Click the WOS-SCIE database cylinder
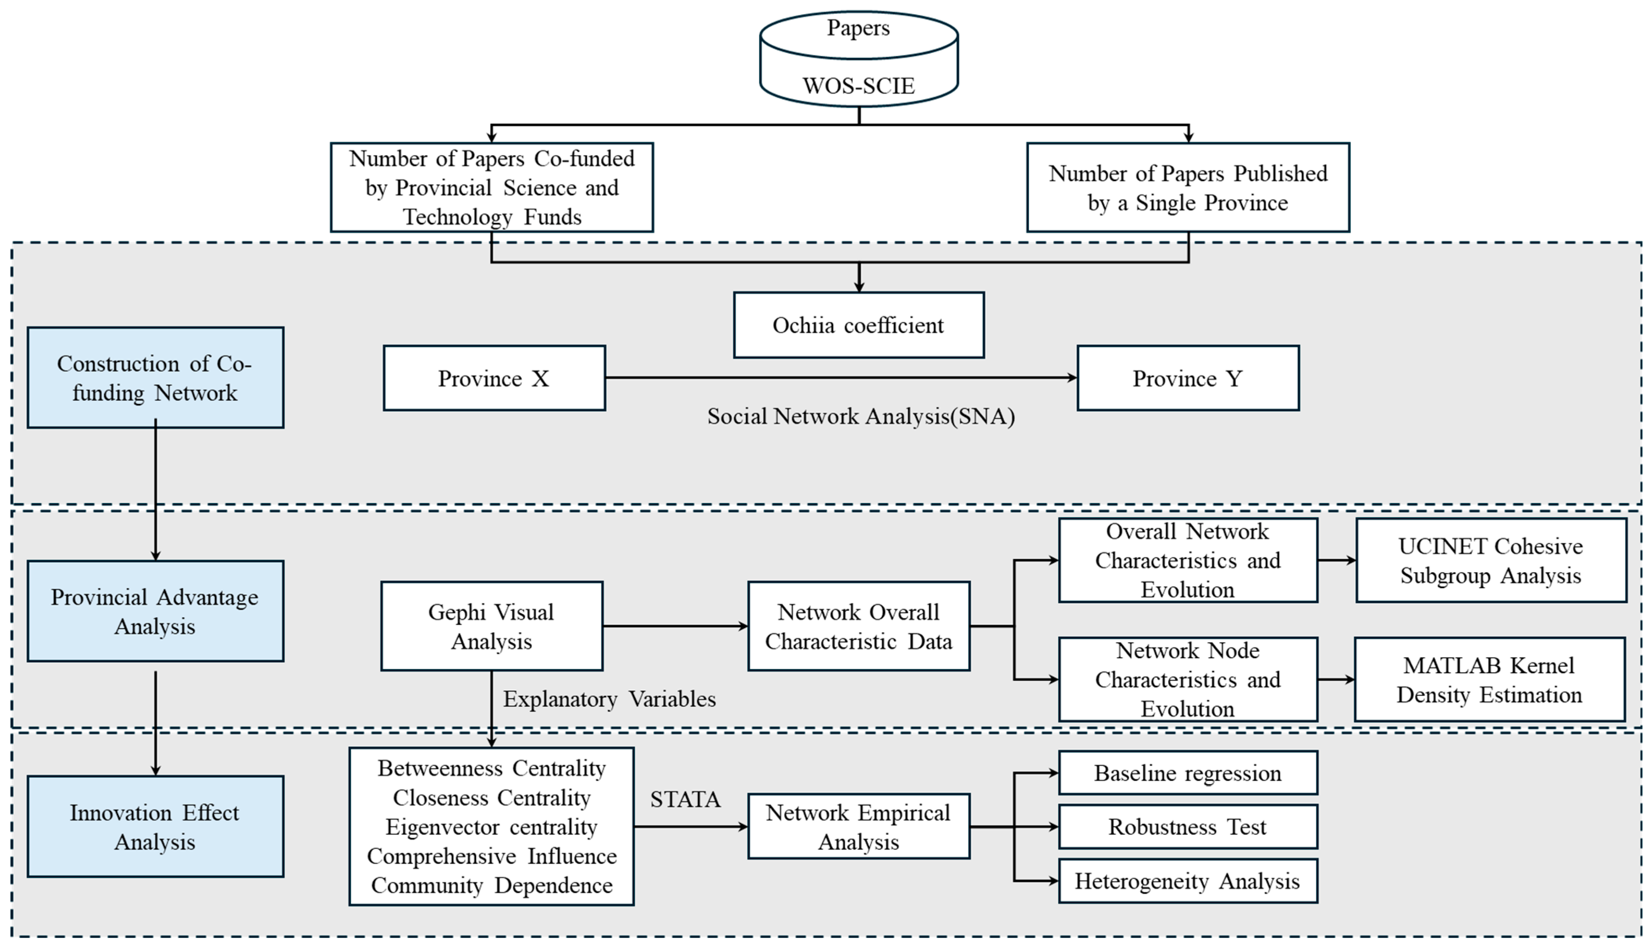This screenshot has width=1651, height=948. click(858, 59)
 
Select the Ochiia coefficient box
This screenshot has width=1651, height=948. click(858, 325)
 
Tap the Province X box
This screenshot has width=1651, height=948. click(494, 378)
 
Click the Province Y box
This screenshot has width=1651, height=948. click(1188, 378)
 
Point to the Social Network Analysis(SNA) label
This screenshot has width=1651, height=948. click(860, 417)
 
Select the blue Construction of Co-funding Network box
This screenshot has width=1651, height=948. click(155, 378)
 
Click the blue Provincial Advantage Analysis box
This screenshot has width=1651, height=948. click(155, 611)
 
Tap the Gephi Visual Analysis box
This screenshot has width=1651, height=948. click(491, 626)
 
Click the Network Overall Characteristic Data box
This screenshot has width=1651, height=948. click(858, 626)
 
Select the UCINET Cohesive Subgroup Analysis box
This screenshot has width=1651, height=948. click(1490, 561)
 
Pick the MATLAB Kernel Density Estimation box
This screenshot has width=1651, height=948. click(1489, 680)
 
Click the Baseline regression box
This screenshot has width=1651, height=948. click(1188, 773)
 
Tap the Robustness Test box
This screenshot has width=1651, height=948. click(1188, 827)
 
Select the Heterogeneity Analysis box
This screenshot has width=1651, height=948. click(1188, 881)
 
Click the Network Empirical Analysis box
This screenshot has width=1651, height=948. click(858, 827)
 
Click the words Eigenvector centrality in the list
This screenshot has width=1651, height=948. click(491, 827)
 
